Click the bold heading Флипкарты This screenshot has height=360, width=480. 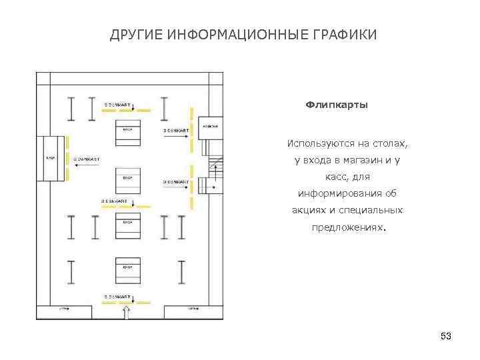coord(336,105)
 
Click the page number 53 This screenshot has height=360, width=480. coord(446,336)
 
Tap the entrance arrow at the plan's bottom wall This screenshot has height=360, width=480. coord(127,311)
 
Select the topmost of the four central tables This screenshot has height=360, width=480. coord(127,133)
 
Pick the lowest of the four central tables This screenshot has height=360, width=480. coord(127,270)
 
